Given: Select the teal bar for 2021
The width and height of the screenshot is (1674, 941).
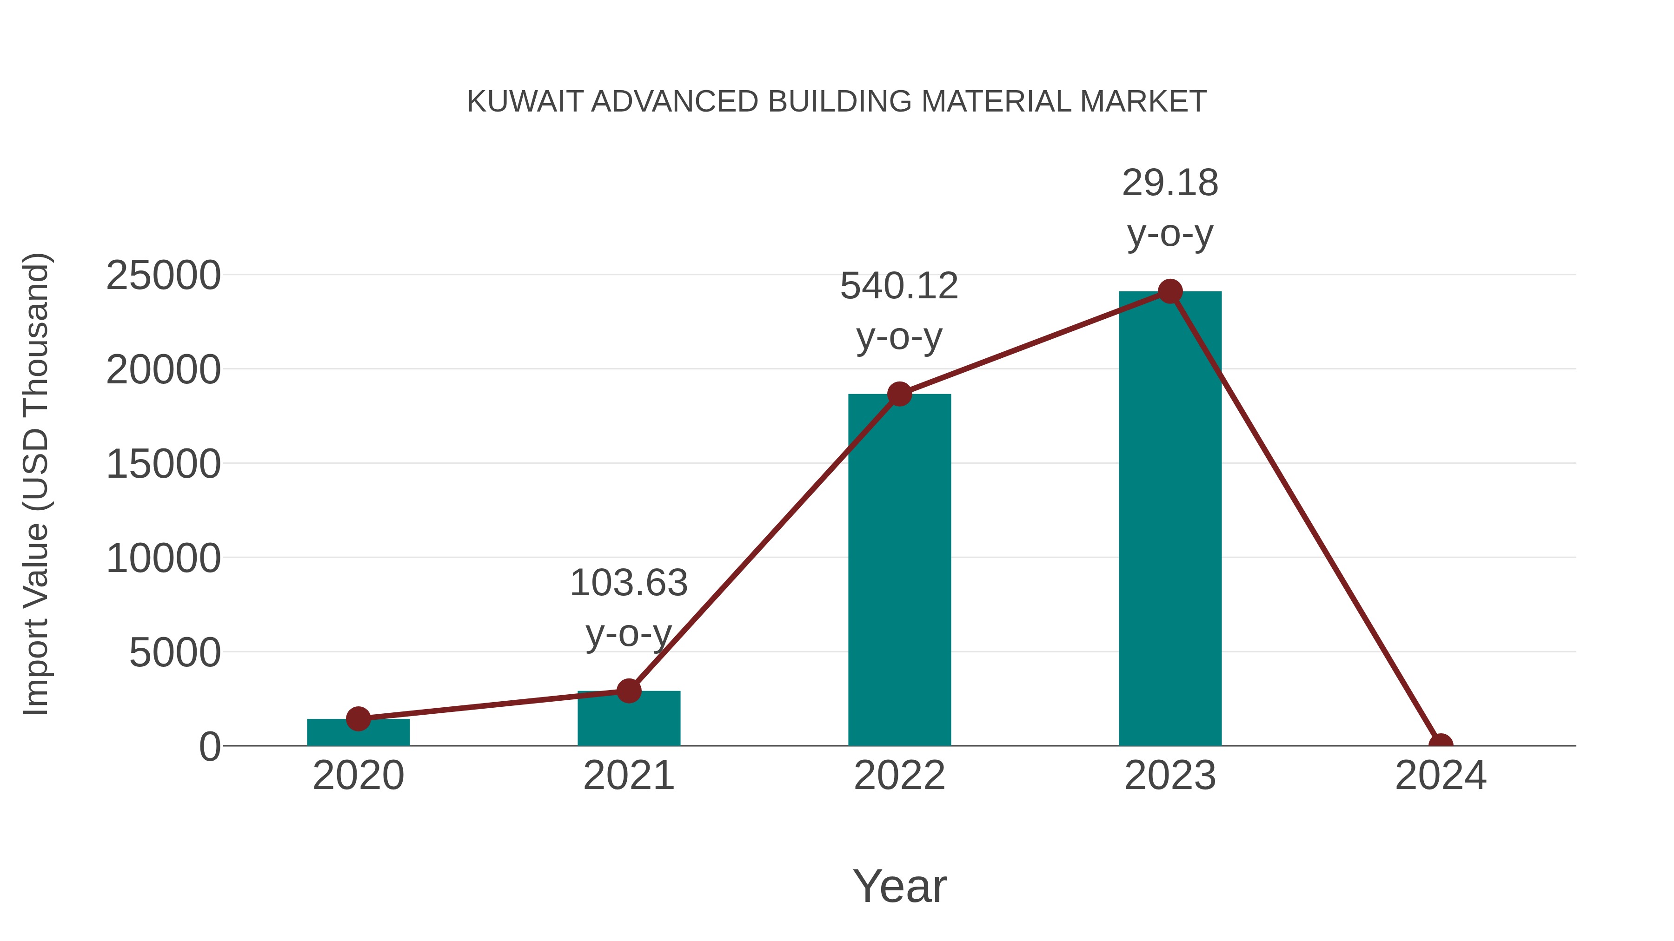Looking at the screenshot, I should pyautogui.click(x=628, y=721).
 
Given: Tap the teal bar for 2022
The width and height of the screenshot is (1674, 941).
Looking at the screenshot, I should pyautogui.click(x=899, y=572).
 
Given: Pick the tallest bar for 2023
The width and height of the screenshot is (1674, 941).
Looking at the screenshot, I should pyautogui.click(x=1170, y=520).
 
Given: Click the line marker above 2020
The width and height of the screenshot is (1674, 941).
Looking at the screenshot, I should pyautogui.click(x=358, y=718).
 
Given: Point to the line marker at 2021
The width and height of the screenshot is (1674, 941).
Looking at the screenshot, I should pyautogui.click(x=628, y=691).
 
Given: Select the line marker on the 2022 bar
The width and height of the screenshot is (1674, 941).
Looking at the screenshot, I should pyautogui.click(x=899, y=394).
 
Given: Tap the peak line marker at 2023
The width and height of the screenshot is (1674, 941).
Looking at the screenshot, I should pyautogui.click(x=1170, y=291).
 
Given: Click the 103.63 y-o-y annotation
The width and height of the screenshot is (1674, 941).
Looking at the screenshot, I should pyautogui.click(x=628, y=607).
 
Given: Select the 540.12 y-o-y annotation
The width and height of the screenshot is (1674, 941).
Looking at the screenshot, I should pyautogui.click(x=899, y=311).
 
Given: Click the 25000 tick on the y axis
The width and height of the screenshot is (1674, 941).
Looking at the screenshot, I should pyautogui.click(x=163, y=276).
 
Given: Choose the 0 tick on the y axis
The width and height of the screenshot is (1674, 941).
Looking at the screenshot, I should pyautogui.click(x=209, y=747).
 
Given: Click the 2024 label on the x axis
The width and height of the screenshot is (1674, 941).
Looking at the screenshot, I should pyautogui.click(x=1441, y=776).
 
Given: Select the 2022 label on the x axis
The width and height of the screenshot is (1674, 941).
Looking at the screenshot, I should pyautogui.click(x=899, y=776).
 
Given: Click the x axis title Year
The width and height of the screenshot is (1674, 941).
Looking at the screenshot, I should pyautogui.click(x=899, y=886).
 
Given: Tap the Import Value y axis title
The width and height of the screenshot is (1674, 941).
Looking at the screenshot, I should pyautogui.click(x=36, y=484).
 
